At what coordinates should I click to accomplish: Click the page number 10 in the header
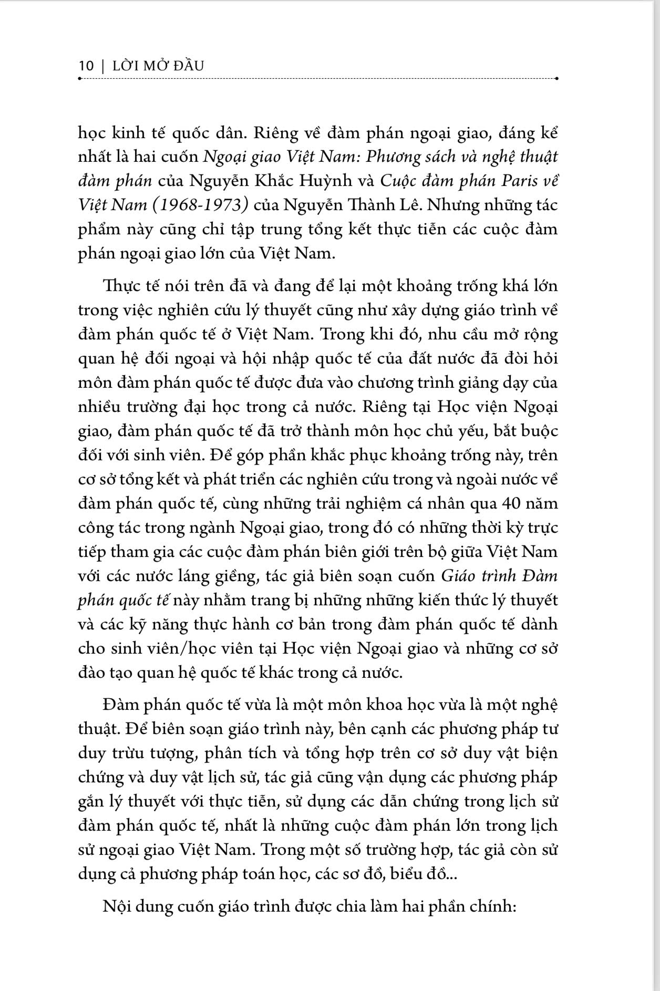pyautogui.click(x=86, y=66)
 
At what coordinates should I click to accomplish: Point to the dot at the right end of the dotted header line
pyautogui.click(x=556, y=79)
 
